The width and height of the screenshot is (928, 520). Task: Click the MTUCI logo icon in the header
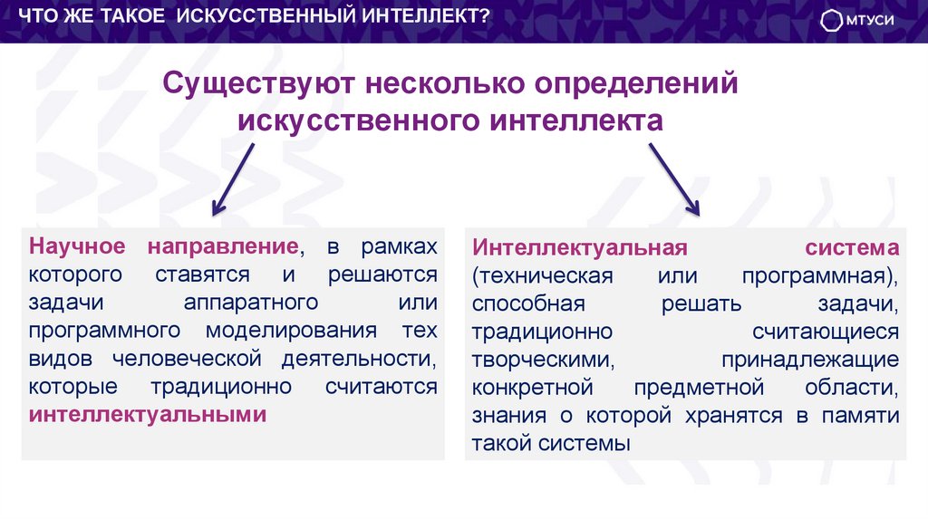pos(833,22)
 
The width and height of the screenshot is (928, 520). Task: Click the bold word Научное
pos(77,246)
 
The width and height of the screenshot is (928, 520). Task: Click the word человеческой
pos(200,359)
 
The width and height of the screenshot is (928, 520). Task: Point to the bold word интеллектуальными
pos(148,415)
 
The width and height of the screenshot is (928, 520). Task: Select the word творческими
pos(543,360)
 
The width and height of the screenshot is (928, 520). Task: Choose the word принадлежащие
pos(810,360)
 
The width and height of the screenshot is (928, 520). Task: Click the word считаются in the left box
pos(381,387)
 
